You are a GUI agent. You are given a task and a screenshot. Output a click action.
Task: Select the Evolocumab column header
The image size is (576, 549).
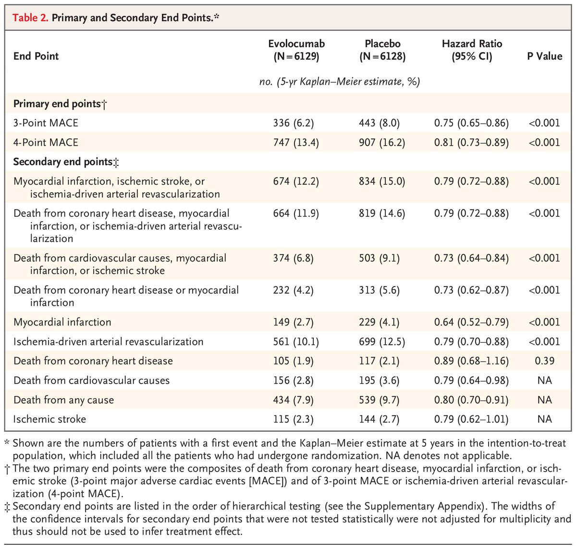296,50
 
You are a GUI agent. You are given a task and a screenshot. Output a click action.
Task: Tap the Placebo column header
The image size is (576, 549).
382,50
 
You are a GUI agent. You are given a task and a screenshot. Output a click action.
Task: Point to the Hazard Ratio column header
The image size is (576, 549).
471,50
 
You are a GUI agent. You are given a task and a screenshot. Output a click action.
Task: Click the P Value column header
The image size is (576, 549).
544,56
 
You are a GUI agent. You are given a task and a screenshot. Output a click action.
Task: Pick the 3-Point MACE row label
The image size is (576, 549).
46,123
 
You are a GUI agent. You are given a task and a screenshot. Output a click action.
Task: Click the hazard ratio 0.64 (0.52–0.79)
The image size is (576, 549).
471,322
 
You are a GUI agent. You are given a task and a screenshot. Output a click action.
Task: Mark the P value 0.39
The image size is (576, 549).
544,361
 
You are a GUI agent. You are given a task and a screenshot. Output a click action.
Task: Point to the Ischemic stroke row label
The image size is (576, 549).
49,419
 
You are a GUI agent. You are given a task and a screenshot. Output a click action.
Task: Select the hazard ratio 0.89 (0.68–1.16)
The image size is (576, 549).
471,361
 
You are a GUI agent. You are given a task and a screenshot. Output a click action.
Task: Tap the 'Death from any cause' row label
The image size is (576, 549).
63,400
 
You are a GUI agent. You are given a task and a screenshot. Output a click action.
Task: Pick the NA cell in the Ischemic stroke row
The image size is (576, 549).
544,419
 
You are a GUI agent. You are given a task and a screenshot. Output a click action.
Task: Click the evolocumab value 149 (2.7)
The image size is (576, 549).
293,322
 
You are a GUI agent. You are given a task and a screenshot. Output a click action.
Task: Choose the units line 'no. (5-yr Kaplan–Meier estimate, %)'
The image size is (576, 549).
340,82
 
